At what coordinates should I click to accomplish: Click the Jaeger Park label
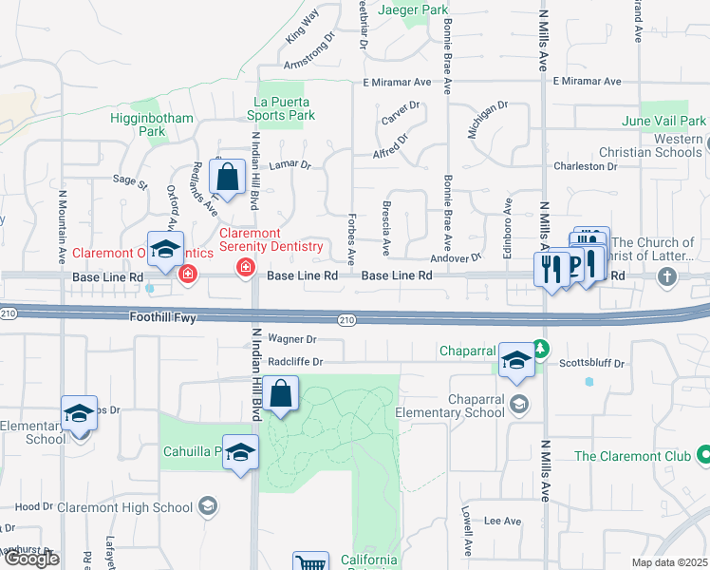coord(413,10)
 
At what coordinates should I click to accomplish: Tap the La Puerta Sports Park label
coord(284,108)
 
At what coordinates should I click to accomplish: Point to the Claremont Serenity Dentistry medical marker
coord(246,268)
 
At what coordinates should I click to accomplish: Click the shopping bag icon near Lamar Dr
coord(228,176)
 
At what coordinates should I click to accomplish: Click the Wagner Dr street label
coord(291,338)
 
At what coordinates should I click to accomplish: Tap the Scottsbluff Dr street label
coord(591,363)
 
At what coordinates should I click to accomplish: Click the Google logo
coord(31,559)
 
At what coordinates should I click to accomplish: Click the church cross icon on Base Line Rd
coord(668,276)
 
